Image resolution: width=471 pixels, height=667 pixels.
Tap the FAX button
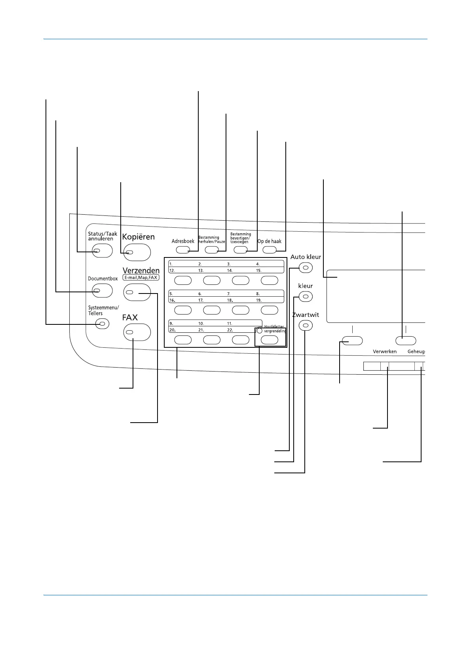137,332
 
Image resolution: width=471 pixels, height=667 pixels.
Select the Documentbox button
102,291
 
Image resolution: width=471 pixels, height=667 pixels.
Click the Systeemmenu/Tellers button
102,324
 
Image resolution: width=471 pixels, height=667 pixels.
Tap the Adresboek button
182,250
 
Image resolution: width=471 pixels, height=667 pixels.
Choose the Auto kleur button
305,268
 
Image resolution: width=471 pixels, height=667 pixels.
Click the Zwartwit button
305,326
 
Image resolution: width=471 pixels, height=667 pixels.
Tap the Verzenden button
137,292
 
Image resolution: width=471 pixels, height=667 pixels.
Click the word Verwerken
384,351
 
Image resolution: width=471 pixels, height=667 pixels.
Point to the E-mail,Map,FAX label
141,278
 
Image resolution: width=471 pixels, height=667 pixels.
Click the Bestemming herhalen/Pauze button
212,250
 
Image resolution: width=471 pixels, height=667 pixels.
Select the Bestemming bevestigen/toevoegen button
240,250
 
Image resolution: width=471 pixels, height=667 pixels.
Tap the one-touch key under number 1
183,280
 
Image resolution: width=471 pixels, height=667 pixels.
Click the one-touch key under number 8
270,310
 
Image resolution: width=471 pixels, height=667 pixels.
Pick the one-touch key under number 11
240,339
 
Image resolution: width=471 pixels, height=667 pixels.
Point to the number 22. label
230,330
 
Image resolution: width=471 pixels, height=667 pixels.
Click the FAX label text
130,317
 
